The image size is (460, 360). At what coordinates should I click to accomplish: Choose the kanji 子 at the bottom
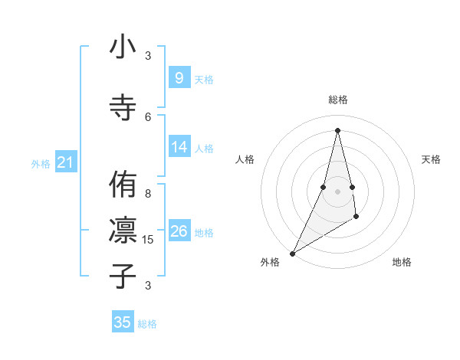123,275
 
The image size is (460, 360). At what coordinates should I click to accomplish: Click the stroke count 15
148,240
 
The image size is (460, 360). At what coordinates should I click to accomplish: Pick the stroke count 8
148,195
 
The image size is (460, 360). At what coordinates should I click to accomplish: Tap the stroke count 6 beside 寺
148,116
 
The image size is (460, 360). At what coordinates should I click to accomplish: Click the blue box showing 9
179,77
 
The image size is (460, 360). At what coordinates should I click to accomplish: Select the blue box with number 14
179,147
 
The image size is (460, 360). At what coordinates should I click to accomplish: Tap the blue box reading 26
179,231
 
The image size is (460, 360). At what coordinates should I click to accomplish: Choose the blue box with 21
65,162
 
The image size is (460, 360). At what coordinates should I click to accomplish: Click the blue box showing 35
123,322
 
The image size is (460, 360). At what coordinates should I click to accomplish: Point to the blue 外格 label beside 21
41,163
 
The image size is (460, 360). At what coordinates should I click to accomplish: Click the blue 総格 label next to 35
147,324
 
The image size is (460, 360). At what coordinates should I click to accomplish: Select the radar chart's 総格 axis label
337,100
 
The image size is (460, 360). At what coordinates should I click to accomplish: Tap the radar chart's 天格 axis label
432,159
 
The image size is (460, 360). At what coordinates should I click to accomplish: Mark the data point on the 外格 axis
292,253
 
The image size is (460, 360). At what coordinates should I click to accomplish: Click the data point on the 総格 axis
337,130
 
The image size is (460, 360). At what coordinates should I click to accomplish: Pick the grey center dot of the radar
337,191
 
